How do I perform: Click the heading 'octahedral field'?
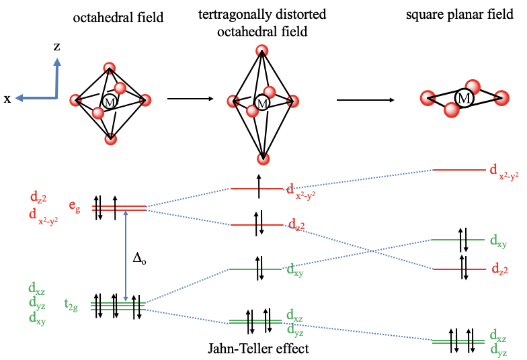(118, 17)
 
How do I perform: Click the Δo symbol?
(139, 259)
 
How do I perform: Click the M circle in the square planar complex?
(463, 98)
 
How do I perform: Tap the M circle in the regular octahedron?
(110, 102)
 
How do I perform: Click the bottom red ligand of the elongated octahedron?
(262, 159)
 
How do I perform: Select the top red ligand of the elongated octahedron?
(262, 51)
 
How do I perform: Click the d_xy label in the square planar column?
(498, 240)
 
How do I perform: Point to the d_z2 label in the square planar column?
(499, 270)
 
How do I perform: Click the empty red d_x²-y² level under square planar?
(459, 170)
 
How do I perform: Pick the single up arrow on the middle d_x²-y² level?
(259, 186)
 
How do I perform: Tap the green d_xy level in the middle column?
(255, 269)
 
